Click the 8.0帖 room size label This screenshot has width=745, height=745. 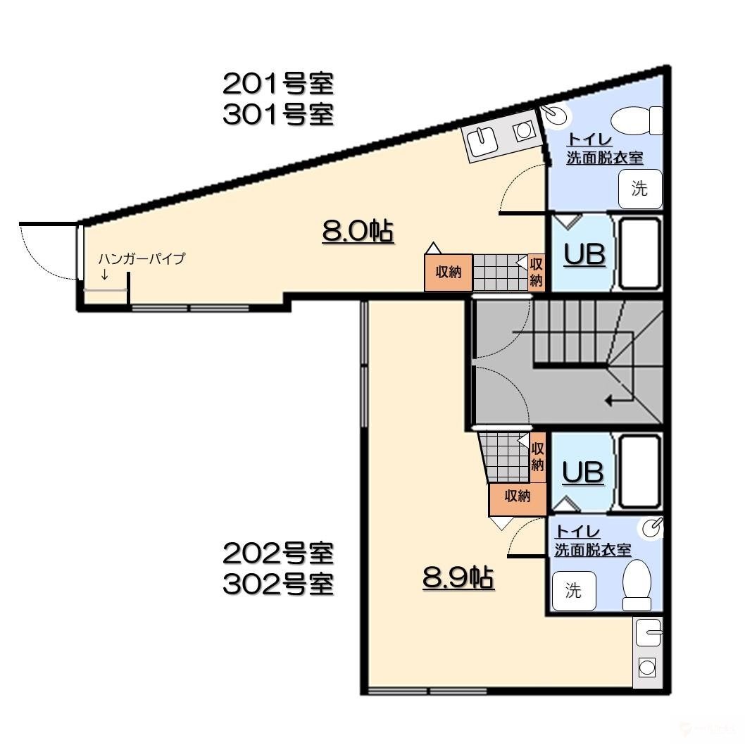(357, 231)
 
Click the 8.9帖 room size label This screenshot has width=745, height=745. (458, 578)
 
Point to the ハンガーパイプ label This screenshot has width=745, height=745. (142, 258)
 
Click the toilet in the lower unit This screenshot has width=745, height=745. (637, 584)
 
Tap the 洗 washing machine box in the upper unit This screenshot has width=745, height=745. (639, 189)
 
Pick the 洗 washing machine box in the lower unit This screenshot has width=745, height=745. (574, 591)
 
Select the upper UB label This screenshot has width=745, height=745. (585, 255)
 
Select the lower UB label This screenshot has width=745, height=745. (584, 472)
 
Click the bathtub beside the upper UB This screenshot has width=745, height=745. (639, 253)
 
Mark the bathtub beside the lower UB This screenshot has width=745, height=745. (639, 471)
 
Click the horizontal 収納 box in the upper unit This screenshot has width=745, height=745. (448, 272)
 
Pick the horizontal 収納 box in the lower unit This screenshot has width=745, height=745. (517, 496)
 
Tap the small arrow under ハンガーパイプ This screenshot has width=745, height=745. (105, 275)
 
